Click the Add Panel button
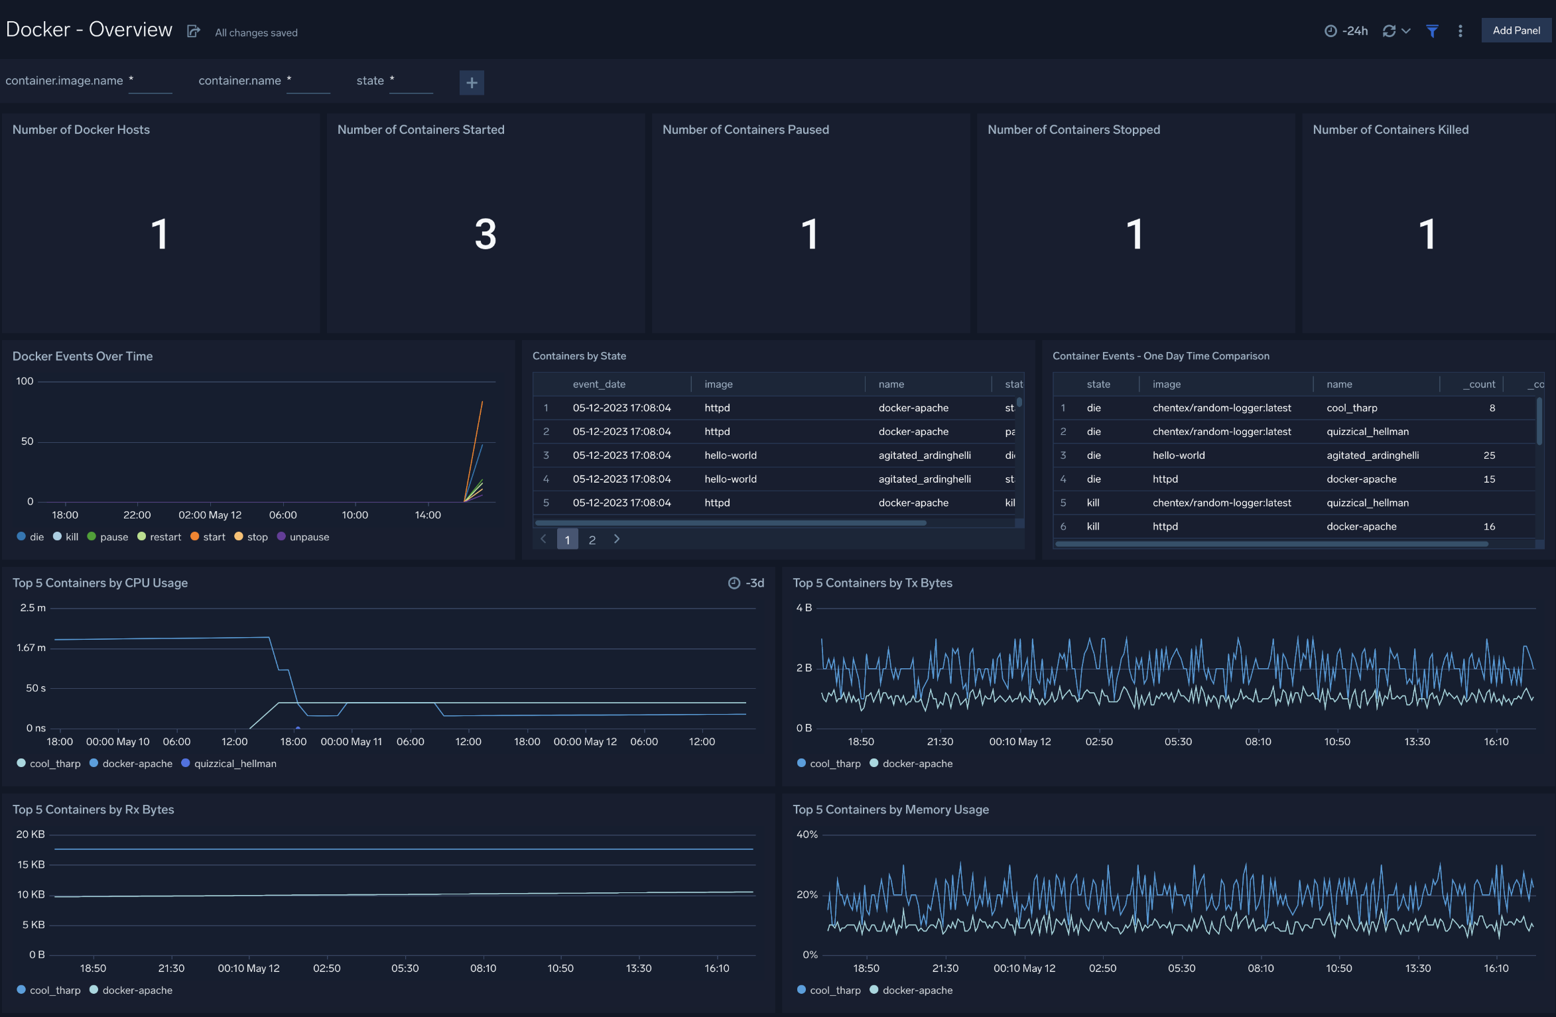tap(1516, 30)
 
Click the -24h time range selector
tap(1346, 31)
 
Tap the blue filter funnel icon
tap(1432, 31)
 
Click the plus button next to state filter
tap(472, 83)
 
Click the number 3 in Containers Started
tap(486, 234)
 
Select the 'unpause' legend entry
tap(308, 537)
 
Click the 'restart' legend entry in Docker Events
tap(164, 537)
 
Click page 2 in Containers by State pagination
tap(592, 540)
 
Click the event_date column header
tap(599, 385)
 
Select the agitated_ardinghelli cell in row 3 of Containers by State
tap(924, 455)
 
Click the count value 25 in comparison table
tap(1489, 455)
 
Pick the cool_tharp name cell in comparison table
tap(1352, 408)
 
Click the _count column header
tap(1478, 385)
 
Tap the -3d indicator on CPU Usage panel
tap(747, 583)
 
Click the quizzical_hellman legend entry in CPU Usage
tap(234, 764)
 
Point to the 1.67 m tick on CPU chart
tap(31, 648)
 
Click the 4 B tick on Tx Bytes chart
tap(803, 608)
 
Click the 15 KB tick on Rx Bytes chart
tap(31, 865)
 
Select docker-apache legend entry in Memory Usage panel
tap(917, 990)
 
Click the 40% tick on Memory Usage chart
tap(807, 835)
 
